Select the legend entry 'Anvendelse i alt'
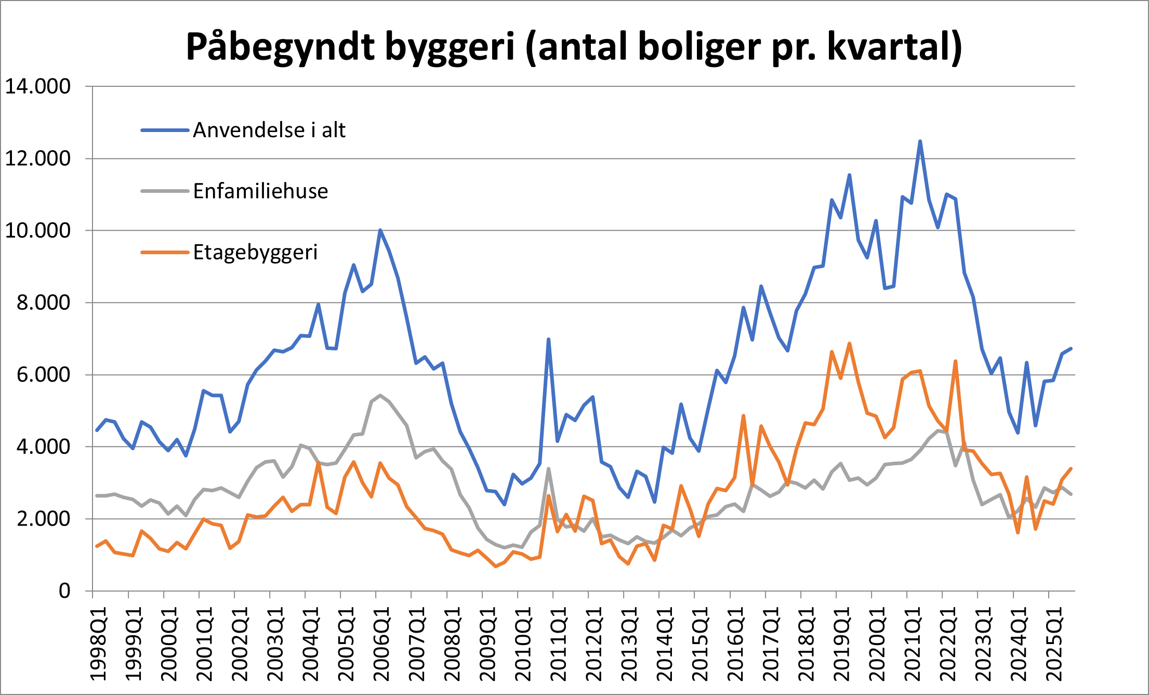269,130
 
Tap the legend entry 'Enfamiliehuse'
260,191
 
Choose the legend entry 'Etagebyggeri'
255,252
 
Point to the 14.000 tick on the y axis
38,86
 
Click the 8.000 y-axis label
44,303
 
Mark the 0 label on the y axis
64,591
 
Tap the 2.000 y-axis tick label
44,519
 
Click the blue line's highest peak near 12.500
920,141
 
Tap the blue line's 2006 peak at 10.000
380,230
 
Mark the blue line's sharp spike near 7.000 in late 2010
548,339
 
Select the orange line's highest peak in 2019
850,343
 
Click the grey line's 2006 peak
380,395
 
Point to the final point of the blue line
1071,348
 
